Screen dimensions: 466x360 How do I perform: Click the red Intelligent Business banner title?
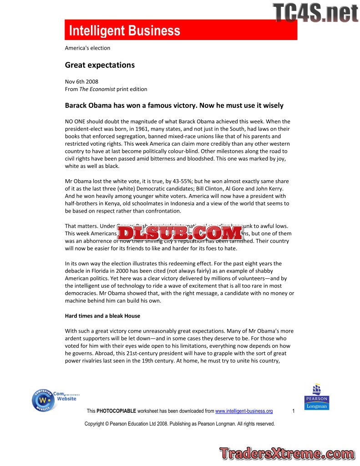[124, 31]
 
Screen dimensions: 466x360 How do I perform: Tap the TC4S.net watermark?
[315, 12]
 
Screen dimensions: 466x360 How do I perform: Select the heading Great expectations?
[100, 65]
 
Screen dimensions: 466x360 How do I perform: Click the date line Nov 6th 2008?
[81, 82]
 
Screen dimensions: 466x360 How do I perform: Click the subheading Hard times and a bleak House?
[102, 316]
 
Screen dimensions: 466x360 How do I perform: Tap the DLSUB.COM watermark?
[181, 233]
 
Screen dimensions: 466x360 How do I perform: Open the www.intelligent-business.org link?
[243, 411]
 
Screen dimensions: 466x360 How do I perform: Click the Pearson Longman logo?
[316, 397]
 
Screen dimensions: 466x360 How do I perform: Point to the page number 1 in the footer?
[294, 411]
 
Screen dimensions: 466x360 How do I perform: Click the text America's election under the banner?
[87, 48]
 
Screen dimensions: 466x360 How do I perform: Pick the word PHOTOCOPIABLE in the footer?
[116, 411]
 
